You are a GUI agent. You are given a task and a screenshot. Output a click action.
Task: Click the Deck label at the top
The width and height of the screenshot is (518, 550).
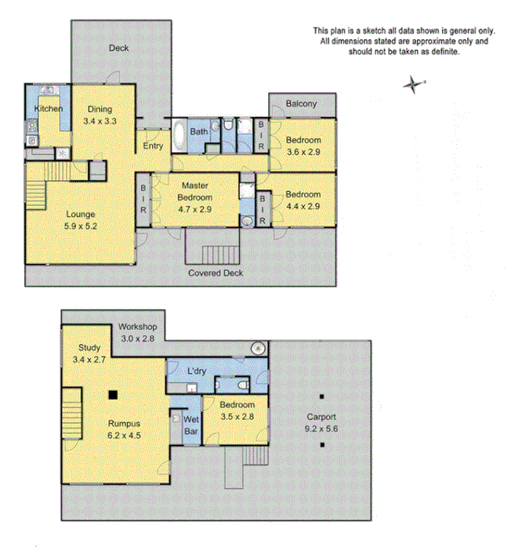coord(118,49)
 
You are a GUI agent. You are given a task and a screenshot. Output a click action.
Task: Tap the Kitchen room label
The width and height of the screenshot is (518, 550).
coord(48,109)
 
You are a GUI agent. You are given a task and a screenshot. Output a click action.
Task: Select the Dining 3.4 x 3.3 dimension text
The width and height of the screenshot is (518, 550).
coord(100,121)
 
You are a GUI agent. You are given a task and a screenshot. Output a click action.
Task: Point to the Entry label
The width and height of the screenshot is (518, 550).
coord(152,146)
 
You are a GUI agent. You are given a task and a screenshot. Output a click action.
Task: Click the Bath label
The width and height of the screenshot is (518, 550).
coord(199,132)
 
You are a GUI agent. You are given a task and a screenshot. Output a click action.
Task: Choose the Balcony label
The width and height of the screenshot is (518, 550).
coord(301,104)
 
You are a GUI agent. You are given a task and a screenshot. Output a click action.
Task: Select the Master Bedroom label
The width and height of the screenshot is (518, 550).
coord(194,191)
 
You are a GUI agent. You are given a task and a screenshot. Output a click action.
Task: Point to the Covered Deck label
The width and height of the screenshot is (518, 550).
coord(216,273)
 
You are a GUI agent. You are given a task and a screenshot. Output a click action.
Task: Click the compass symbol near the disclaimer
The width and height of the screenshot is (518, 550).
coord(411,84)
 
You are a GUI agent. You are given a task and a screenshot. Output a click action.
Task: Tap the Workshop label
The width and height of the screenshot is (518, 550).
coord(139,327)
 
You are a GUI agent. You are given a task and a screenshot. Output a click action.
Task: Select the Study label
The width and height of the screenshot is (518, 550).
coord(90,348)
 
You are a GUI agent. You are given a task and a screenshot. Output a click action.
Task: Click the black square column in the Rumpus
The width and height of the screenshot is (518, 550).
coord(114,395)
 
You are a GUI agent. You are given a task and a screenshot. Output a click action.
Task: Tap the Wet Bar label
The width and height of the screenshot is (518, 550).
coord(190,425)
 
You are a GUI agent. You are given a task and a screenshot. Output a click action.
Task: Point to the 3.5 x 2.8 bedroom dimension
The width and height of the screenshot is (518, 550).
coord(237,416)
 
